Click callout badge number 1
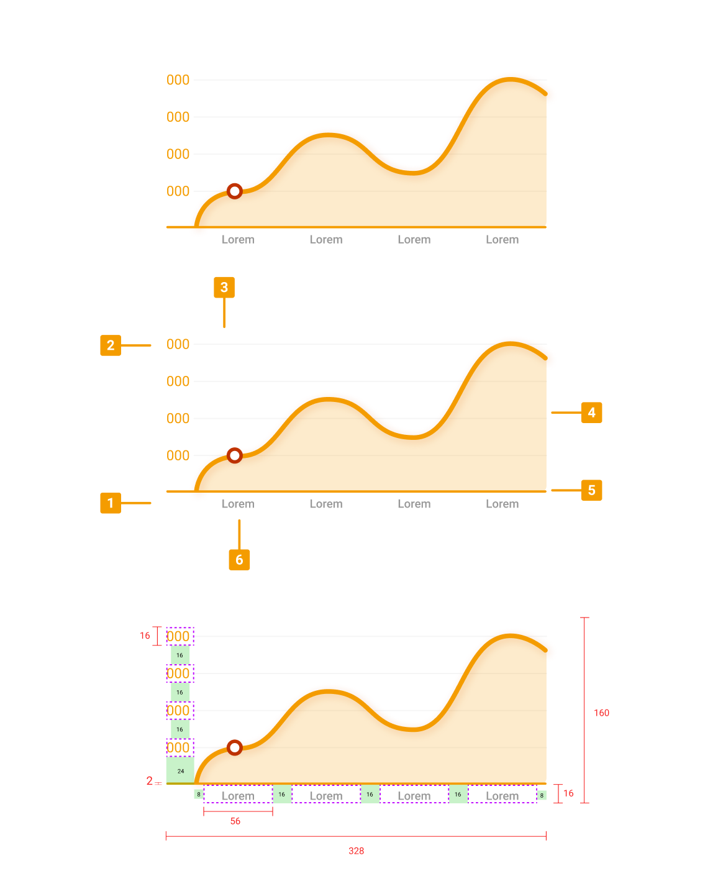coord(111,503)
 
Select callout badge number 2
coord(111,345)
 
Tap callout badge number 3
coord(224,288)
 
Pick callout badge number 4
coord(591,413)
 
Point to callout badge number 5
coord(591,490)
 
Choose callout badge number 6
coord(239,560)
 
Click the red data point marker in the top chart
coord(234,191)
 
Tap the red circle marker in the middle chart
coord(234,455)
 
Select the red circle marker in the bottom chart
coord(234,747)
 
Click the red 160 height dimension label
coord(601,713)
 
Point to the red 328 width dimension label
coord(356,851)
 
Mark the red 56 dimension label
coord(235,821)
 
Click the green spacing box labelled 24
coord(180,770)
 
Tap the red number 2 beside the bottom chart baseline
coord(149,781)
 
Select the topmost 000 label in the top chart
coord(178,80)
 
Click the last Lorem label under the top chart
coord(502,240)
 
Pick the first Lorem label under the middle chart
coord(238,504)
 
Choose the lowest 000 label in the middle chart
coord(178,455)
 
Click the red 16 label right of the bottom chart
coord(568,793)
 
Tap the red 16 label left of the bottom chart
coord(145,636)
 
